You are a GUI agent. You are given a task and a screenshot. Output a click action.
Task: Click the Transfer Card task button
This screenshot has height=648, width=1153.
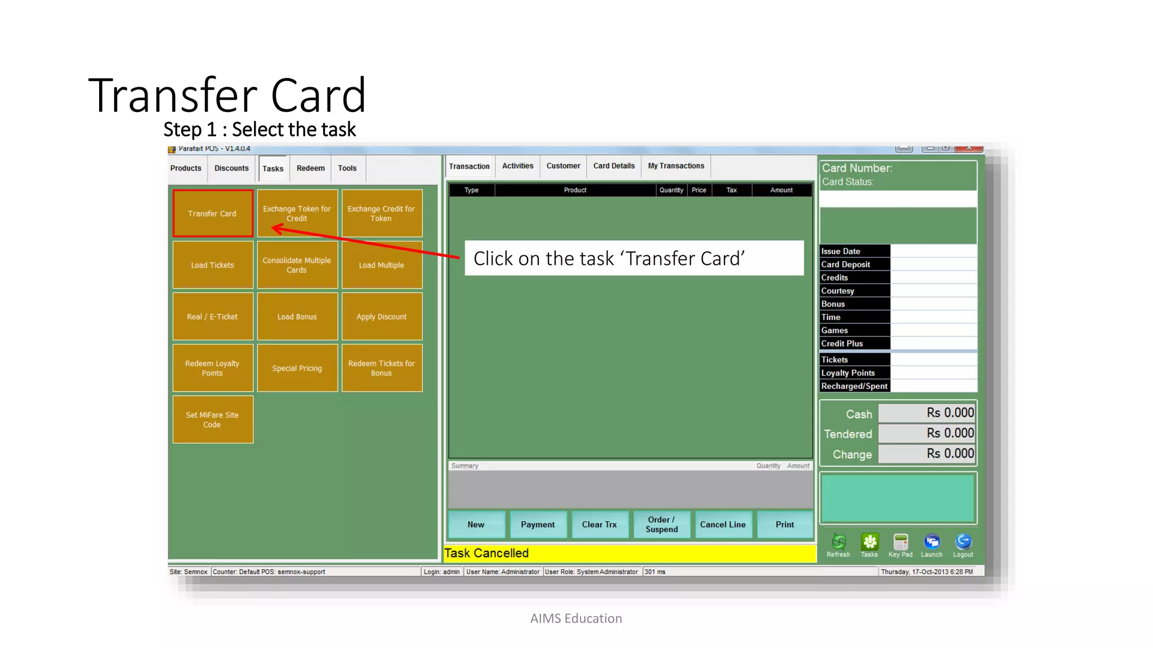coord(213,213)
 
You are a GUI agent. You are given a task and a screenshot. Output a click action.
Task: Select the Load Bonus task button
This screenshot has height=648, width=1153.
coord(297,317)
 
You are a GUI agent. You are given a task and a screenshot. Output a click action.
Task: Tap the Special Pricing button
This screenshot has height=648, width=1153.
coord(297,368)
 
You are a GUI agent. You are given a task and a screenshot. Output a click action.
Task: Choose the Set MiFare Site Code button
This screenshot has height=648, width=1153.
coord(213,420)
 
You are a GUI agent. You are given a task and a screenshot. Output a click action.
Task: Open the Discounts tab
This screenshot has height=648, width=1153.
coord(231,168)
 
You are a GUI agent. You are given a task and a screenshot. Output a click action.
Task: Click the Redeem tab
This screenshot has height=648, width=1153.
coord(311,168)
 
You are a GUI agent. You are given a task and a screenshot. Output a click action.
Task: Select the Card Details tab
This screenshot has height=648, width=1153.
coord(614,166)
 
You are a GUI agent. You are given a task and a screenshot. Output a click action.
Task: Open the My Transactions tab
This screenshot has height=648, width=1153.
coord(676,166)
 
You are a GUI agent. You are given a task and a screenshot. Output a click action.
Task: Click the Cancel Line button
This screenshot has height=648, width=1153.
coord(723,524)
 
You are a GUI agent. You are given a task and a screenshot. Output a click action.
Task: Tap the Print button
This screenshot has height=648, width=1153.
coord(785,524)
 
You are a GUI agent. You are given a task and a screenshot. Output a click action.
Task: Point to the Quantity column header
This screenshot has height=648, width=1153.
coord(671,190)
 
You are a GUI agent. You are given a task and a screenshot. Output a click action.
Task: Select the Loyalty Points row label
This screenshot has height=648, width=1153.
coord(848,373)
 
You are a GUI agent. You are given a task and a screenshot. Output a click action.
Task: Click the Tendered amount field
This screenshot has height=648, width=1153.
coord(927,434)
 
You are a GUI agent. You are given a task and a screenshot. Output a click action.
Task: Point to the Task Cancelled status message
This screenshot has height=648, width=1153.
coord(487,553)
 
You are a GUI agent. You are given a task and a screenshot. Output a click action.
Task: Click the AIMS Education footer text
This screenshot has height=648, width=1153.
coord(576,619)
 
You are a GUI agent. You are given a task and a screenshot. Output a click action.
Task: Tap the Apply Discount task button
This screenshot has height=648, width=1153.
coord(382,317)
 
